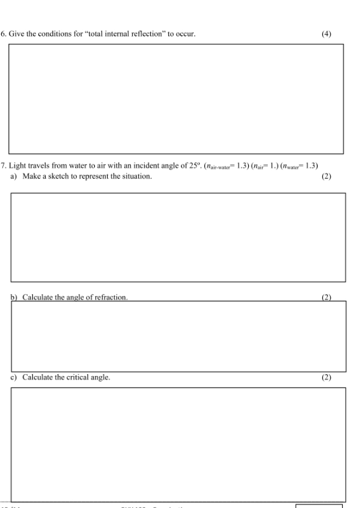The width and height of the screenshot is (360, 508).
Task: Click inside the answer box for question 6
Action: [175, 99]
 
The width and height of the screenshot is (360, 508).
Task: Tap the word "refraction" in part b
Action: [111, 297]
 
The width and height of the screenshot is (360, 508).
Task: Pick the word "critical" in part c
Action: [80, 377]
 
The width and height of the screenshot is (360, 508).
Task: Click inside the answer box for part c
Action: [178, 444]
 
